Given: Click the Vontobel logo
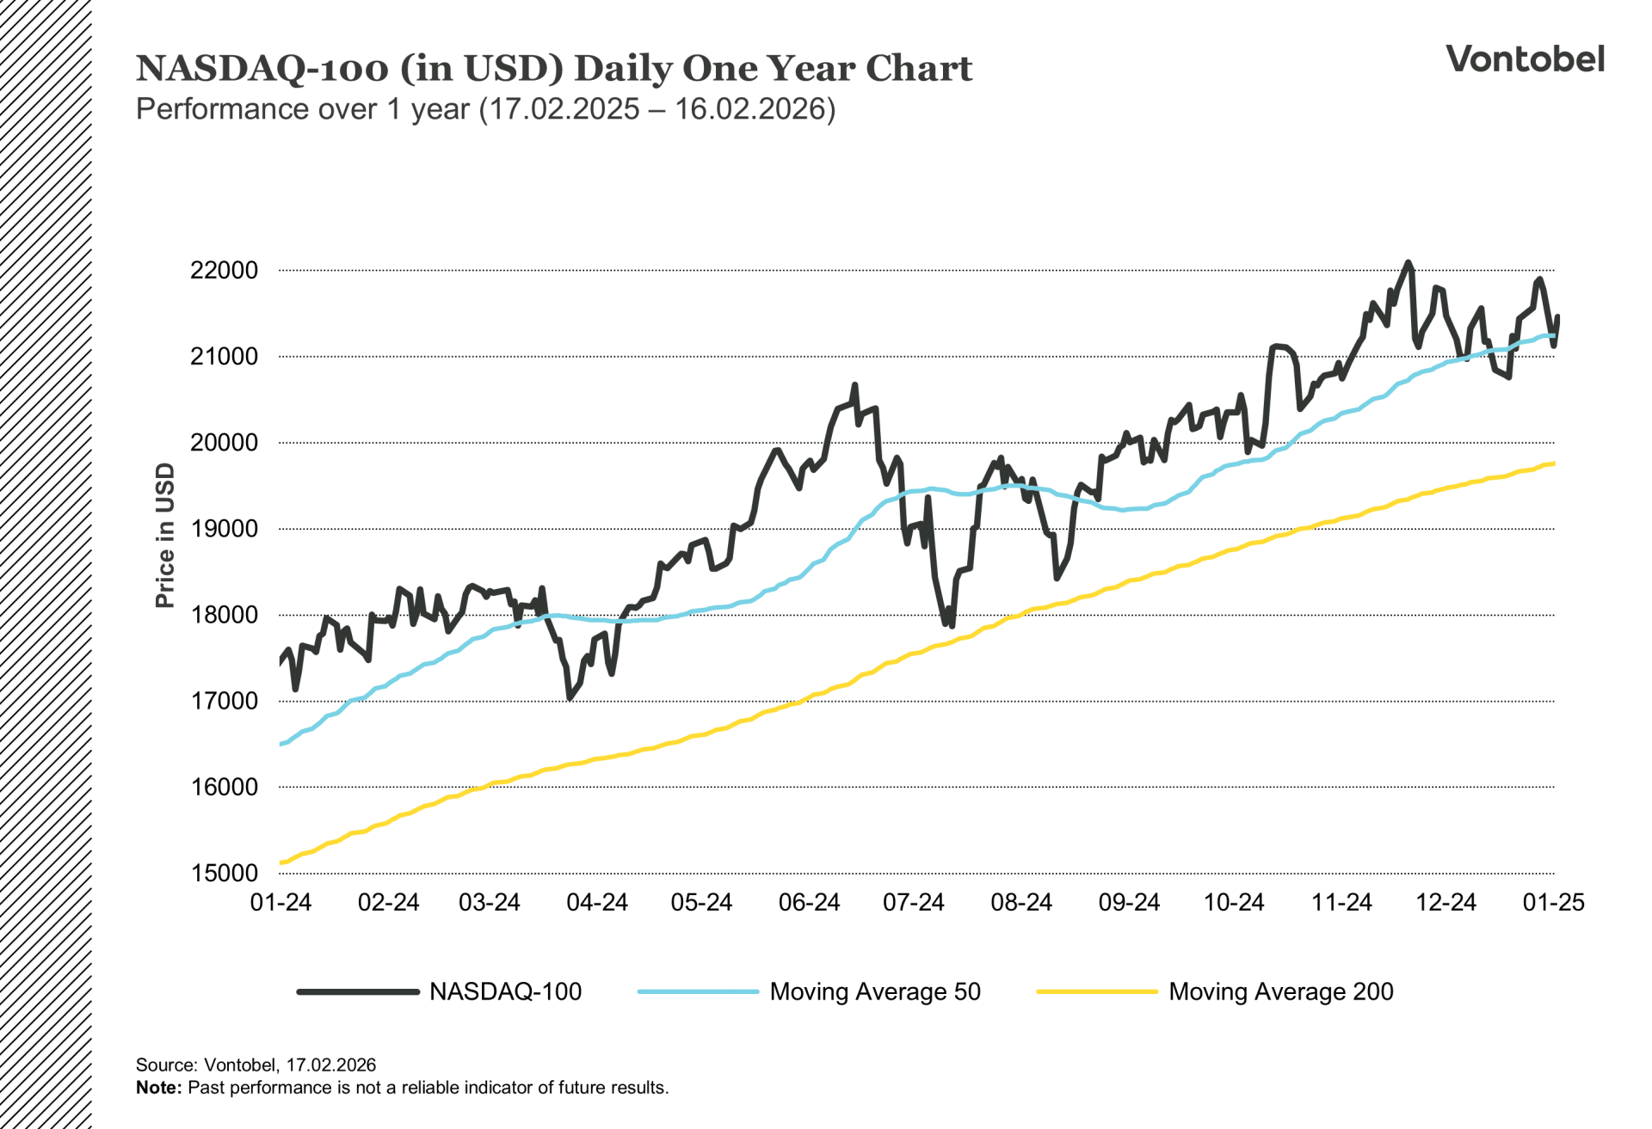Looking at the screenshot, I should [1524, 58].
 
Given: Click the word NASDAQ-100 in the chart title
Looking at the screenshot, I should [262, 69].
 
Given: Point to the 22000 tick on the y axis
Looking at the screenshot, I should [224, 270].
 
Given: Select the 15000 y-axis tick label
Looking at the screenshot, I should [224, 873].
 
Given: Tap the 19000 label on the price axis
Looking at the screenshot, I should [224, 529].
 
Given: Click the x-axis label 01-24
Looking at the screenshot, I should [280, 902].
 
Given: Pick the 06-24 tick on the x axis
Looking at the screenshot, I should [809, 902].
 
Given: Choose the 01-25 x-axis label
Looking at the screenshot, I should [1553, 902].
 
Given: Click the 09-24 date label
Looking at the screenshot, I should [1129, 902].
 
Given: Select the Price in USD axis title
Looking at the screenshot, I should [164, 535].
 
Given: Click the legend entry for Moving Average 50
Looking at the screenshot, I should [874, 991].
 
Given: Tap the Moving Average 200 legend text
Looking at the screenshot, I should [1280, 991].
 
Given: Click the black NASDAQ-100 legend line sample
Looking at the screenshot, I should [358, 991].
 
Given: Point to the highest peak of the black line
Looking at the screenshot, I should [1408, 263].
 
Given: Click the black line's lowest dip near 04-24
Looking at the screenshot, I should [570, 697].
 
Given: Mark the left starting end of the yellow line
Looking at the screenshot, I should [281, 862].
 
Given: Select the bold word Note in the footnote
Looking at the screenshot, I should [157, 1088].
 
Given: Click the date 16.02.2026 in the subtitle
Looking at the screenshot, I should [750, 109].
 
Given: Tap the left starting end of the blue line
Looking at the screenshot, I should [281, 744].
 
